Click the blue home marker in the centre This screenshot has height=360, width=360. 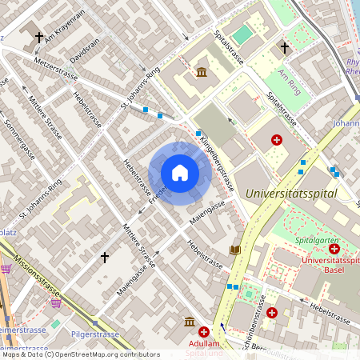click(x=180, y=173)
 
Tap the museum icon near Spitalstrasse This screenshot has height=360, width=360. click(x=201, y=73)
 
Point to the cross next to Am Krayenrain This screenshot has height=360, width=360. click(x=40, y=37)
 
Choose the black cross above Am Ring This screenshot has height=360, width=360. click(x=285, y=48)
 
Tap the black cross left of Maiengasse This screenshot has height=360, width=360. click(x=104, y=257)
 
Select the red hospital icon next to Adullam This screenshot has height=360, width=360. click(x=204, y=332)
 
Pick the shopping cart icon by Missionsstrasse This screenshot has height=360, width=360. click(x=55, y=302)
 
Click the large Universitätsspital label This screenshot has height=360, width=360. click(x=291, y=193)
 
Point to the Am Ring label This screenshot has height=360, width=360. click(x=293, y=77)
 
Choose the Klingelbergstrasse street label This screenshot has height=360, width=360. click(x=217, y=161)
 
